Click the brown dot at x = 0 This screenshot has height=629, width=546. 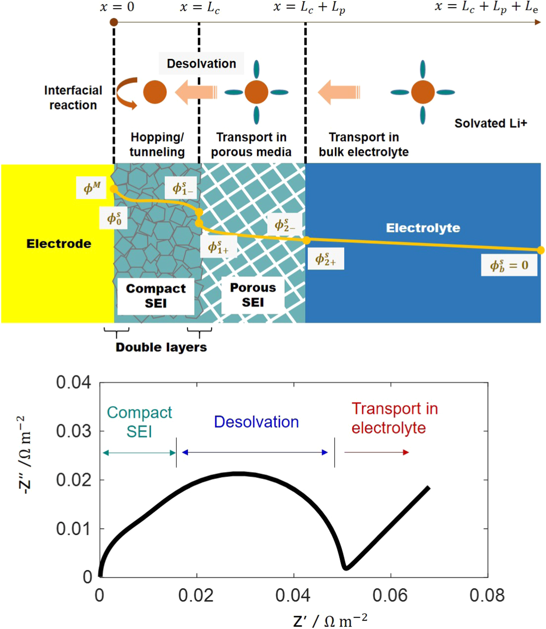[114, 22]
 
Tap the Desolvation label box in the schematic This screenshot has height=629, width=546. [201, 64]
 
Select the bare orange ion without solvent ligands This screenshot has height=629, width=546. [155, 92]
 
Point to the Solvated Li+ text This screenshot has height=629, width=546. [490, 123]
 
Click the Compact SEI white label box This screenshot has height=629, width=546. [156, 296]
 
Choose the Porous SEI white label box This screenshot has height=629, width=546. [253, 295]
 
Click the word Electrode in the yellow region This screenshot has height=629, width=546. [59, 244]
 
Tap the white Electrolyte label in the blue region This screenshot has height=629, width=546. [423, 228]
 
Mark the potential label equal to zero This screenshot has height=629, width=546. [509, 266]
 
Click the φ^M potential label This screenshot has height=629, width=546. [91, 188]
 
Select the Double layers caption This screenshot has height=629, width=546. [161, 347]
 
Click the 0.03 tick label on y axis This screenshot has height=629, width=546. [73, 431]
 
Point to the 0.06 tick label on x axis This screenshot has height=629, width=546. [390, 595]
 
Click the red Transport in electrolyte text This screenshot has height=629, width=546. [394, 418]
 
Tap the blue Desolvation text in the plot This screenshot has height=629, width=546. [256, 422]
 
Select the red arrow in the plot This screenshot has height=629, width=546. [377, 452]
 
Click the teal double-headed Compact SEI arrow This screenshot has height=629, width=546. [139, 453]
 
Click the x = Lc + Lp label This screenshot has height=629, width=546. [309, 8]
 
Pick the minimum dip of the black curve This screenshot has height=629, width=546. [346, 568]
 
